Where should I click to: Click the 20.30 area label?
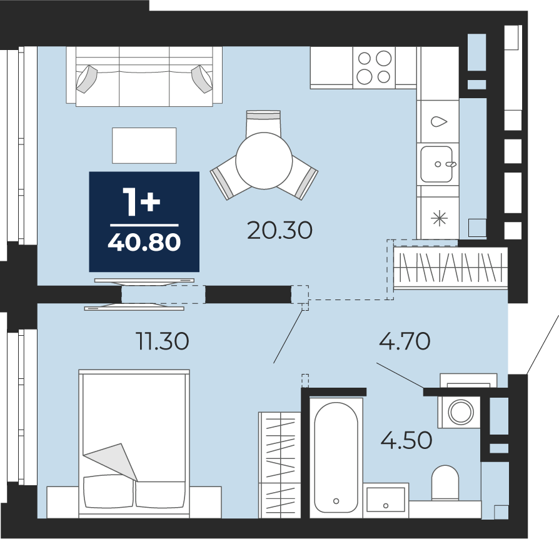click(x=280, y=230)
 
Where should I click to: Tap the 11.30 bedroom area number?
click(x=163, y=341)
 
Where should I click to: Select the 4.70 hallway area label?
click(x=405, y=341)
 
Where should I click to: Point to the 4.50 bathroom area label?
click(x=406, y=440)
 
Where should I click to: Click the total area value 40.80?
click(x=144, y=243)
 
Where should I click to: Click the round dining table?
click(x=264, y=161)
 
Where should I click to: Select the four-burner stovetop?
click(x=374, y=68)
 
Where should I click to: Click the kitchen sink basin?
click(x=436, y=164)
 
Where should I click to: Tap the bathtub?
click(x=336, y=457)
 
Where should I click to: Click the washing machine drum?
click(x=461, y=411)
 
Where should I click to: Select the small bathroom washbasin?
click(x=386, y=500)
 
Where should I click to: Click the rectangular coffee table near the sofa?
click(x=144, y=146)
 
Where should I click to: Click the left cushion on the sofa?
click(x=86, y=79)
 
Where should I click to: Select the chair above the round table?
click(x=263, y=123)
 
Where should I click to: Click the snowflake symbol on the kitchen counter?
click(x=439, y=218)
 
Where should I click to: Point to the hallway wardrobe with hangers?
click(x=451, y=268)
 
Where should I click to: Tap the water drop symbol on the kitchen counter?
click(x=439, y=121)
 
